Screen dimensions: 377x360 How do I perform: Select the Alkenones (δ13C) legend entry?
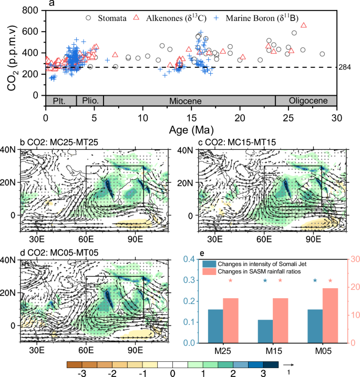point(170,18)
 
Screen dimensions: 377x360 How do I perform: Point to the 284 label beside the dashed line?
point(347,67)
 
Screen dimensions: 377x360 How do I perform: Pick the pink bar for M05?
point(331,315)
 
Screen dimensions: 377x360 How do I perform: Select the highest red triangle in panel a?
point(303,25)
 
